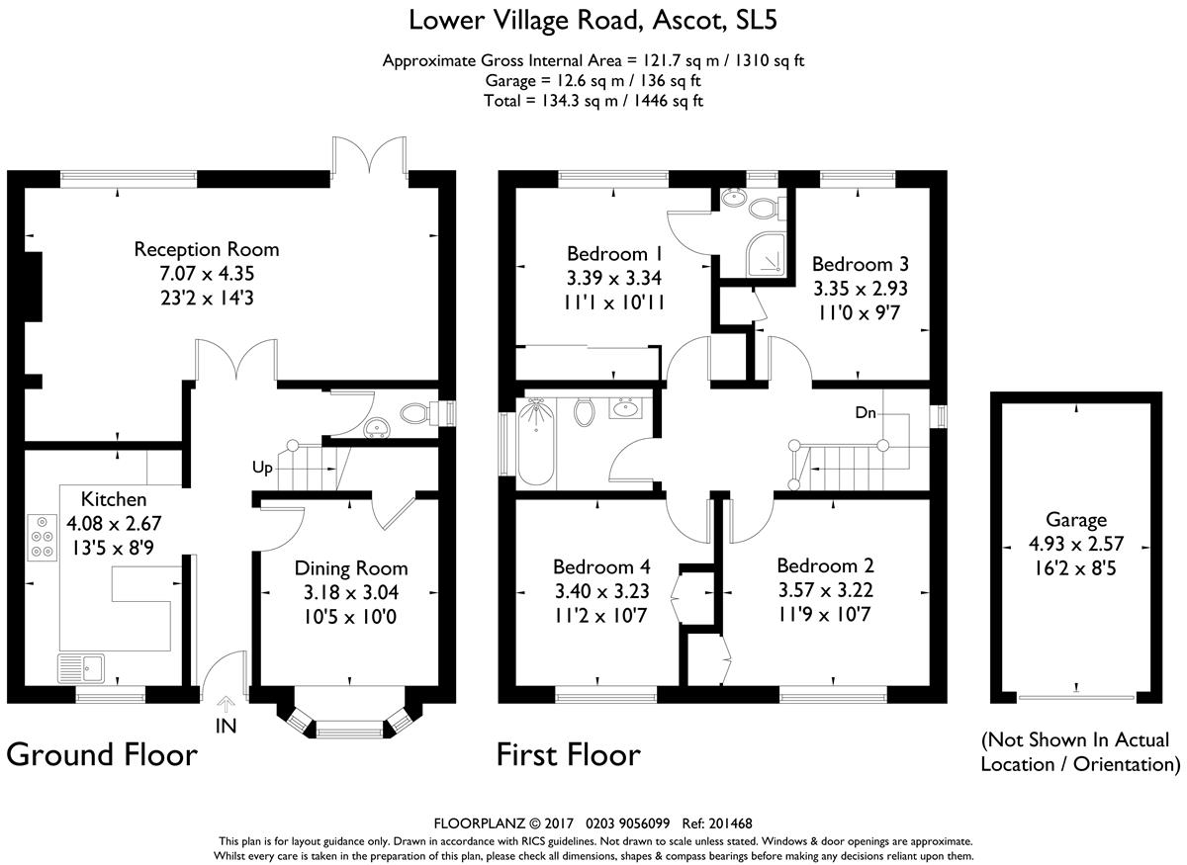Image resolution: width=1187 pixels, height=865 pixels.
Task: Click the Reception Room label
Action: [207, 249]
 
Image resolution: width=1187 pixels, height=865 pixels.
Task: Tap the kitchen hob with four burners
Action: [42, 537]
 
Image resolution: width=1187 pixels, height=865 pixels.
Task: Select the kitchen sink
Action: [81, 668]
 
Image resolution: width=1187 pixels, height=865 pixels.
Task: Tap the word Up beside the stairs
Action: [262, 468]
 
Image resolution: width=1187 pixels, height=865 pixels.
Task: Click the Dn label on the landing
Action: [866, 412]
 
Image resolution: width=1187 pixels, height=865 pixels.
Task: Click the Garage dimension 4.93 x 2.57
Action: [1076, 544]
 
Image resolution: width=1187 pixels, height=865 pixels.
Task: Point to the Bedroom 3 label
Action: [860, 264]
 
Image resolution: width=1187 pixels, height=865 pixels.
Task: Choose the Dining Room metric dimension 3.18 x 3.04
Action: [351, 592]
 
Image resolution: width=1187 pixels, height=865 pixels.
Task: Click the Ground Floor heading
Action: [102, 755]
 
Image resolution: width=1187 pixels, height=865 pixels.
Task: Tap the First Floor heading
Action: [569, 755]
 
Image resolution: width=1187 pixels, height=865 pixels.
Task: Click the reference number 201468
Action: [730, 823]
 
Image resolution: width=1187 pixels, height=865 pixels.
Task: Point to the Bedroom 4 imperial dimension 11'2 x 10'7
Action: [600, 616]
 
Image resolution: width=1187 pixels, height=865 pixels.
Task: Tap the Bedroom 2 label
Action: [825, 565]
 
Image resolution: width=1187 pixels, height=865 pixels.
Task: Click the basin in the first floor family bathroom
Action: [626, 408]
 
